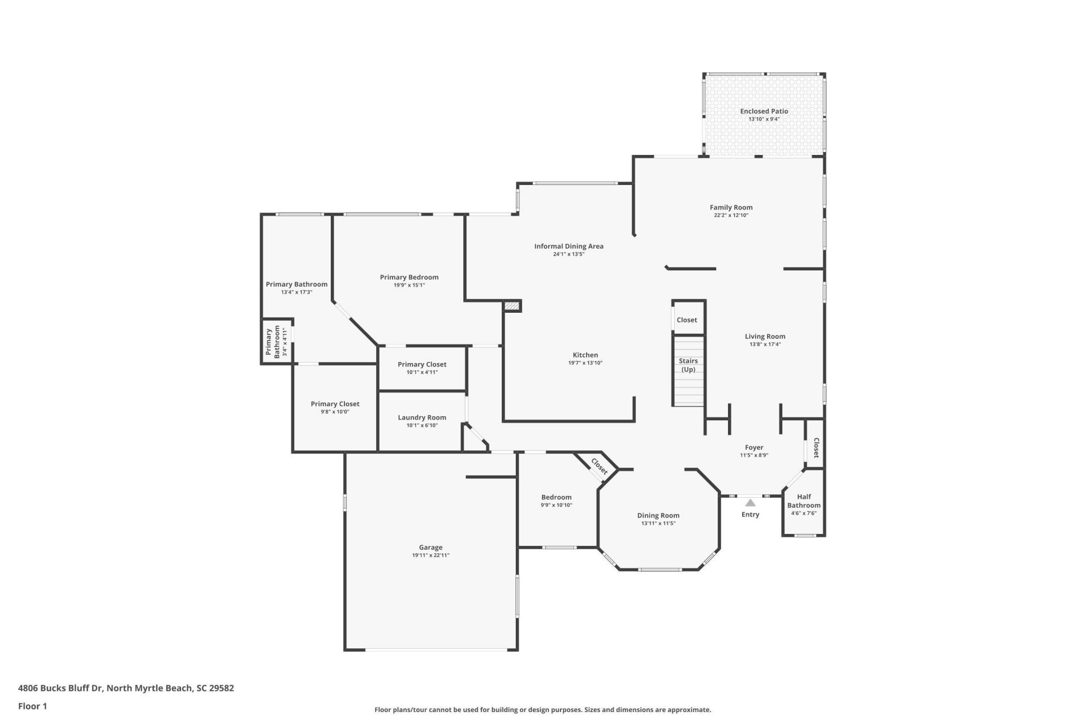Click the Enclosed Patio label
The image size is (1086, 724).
click(764, 111)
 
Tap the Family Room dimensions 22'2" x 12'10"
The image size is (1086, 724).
click(731, 216)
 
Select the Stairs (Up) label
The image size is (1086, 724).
click(688, 365)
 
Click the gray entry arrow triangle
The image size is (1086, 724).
click(750, 502)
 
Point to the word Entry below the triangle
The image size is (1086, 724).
click(750, 514)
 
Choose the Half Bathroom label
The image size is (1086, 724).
click(804, 501)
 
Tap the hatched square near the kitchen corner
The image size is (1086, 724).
click(512, 306)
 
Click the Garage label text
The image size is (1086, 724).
click(430, 547)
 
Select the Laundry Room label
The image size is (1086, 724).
click(422, 417)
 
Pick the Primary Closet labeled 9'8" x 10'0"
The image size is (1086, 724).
click(335, 404)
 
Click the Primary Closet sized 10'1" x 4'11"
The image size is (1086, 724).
click(422, 364)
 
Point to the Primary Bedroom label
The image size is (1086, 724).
click(409, 277)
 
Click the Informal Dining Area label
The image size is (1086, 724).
click(568, 246)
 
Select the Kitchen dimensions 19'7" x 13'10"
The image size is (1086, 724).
click(585, 363)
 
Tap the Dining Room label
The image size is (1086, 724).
click(658, 515)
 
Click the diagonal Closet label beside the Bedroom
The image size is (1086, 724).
click(599, 466)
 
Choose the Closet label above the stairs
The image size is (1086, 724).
click(687, 320)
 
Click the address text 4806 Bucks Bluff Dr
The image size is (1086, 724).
click(61, 688)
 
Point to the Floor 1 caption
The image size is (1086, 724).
click(32, 706)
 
